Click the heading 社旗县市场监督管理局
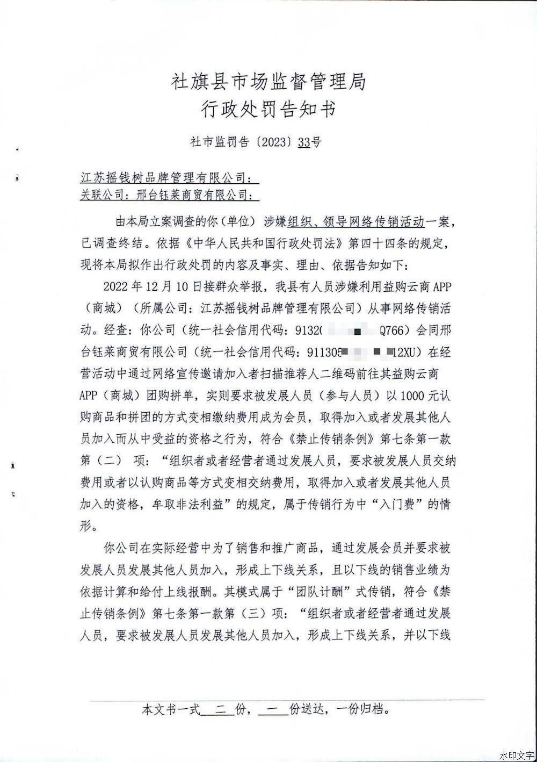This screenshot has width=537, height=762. coord(268,82)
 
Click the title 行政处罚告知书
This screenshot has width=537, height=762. coord(268,110)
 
